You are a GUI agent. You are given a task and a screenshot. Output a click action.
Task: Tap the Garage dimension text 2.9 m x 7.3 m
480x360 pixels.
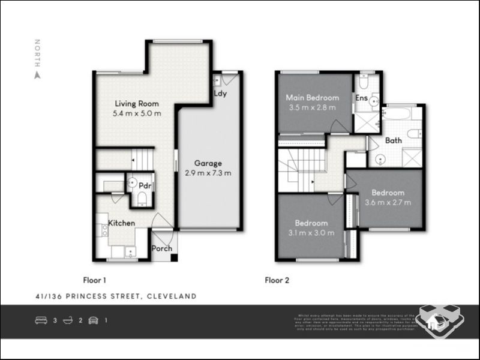tap(208, 173)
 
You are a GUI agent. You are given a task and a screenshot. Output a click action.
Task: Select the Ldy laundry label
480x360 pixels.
tap(220, 94)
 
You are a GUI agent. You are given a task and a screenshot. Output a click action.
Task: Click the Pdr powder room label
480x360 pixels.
tap(144, 185)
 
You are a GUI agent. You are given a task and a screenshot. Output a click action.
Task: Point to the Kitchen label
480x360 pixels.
tap(121, 223)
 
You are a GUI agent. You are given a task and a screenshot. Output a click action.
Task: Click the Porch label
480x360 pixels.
tap(162, 248)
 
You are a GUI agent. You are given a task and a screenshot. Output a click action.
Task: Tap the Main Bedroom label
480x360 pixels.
tap(312, 97)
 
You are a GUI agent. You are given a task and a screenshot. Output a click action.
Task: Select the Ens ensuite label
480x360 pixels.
tap(361, 98)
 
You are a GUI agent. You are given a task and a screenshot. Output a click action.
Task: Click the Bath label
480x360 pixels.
tap(394, 140)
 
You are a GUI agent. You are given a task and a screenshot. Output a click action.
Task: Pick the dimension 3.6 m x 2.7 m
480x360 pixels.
tap(388, 202)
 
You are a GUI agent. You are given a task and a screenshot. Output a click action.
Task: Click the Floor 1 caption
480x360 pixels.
tap(95, 280)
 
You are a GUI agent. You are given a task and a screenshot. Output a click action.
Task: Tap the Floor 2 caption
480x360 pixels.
tap(278, 280)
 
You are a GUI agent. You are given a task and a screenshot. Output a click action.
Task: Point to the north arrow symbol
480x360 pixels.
tap(37, 76)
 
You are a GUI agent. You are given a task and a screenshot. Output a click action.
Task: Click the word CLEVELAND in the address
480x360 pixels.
tap(171, 296)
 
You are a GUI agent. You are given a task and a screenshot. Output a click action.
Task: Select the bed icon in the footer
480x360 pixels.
tap(41, 320)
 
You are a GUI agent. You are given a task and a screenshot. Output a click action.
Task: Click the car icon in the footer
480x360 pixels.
tap(93, 320)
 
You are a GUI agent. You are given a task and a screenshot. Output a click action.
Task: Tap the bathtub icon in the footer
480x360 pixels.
tap(67, 320)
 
